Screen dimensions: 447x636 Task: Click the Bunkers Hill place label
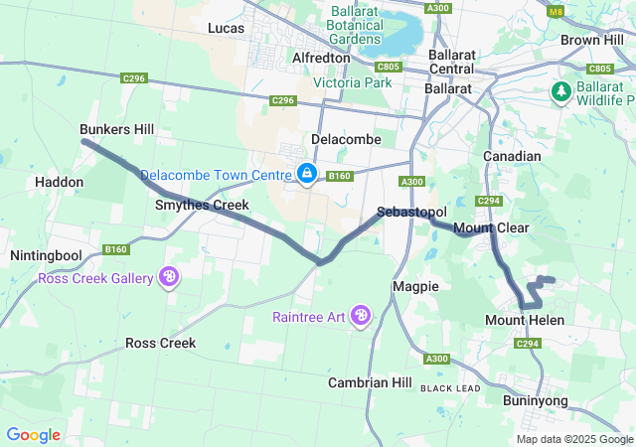[116, 130]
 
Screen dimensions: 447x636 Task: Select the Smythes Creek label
[201, 205]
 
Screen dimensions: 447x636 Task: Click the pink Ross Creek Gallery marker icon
[169, 277]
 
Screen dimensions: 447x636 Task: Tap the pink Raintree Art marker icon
[361, 316]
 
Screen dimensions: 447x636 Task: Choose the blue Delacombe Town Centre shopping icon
[307, 174]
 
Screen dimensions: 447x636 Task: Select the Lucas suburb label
[226, 29]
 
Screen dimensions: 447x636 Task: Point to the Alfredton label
[321, 58]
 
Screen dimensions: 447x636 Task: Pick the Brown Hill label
[592, 40]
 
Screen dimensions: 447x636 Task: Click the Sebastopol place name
[411, 213]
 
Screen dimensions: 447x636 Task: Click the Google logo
[33, 435]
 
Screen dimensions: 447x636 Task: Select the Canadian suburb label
[512, 156]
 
